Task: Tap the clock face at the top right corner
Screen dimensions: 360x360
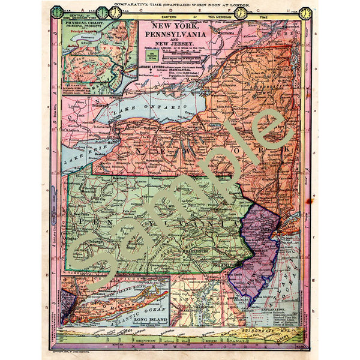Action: pos(305,13)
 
